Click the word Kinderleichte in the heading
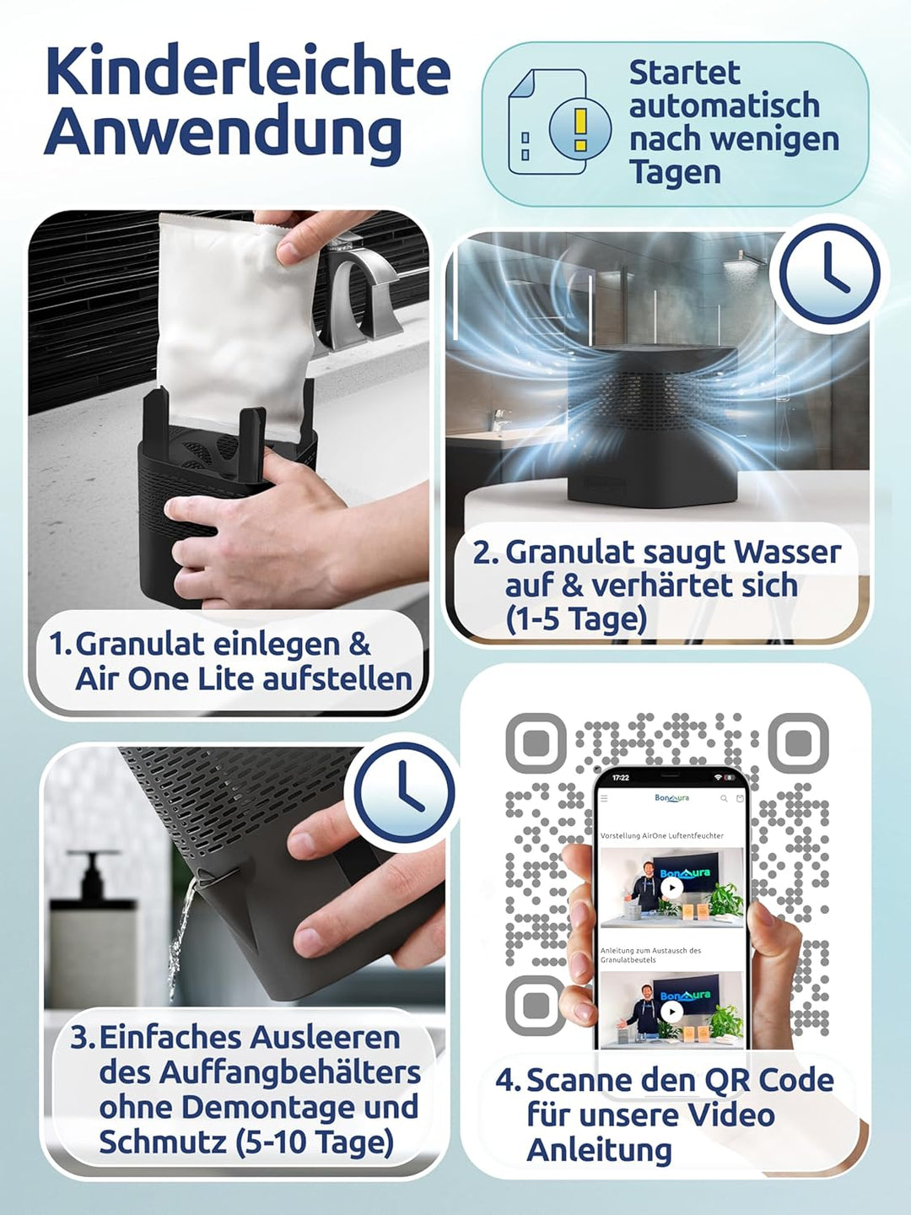(247, 72)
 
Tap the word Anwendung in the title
(223, 133)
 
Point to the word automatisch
(724, 106)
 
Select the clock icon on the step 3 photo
(403, 791)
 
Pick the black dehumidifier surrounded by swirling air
(654, 422)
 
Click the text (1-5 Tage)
(576, 619)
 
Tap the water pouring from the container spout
(180, 937)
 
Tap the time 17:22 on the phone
(621, 778)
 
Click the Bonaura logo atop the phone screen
(671, 798)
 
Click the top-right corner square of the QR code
(798, 743)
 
